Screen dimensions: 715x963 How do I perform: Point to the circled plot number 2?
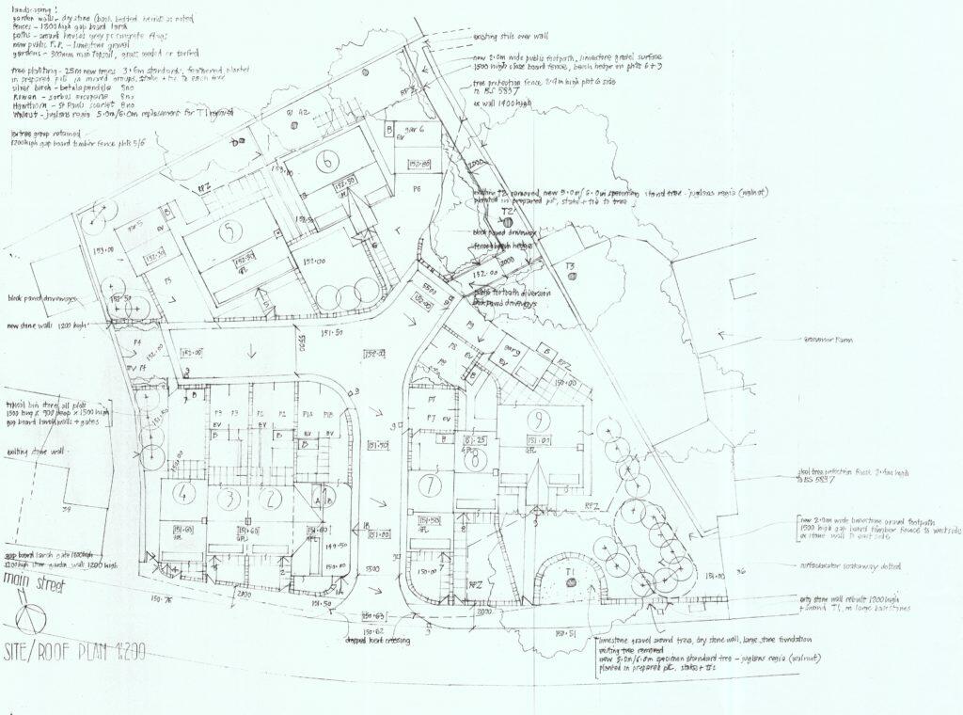[271, 498]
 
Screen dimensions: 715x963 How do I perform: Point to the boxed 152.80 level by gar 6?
[418, 165]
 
